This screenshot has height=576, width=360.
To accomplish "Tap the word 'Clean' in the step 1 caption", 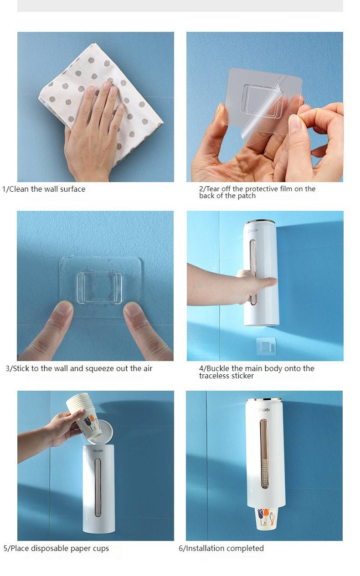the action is (19, 189).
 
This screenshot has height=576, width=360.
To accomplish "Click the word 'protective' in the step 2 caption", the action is (262, 189).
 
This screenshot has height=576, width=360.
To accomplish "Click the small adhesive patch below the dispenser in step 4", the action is (266, 347).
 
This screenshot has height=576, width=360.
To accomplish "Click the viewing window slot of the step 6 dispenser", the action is (264, 454).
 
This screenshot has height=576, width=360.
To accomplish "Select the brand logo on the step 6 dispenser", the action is (263, 410).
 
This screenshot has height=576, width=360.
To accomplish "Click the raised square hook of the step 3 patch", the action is (100, 288).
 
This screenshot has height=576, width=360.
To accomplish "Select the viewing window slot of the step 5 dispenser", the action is (98, 487).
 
